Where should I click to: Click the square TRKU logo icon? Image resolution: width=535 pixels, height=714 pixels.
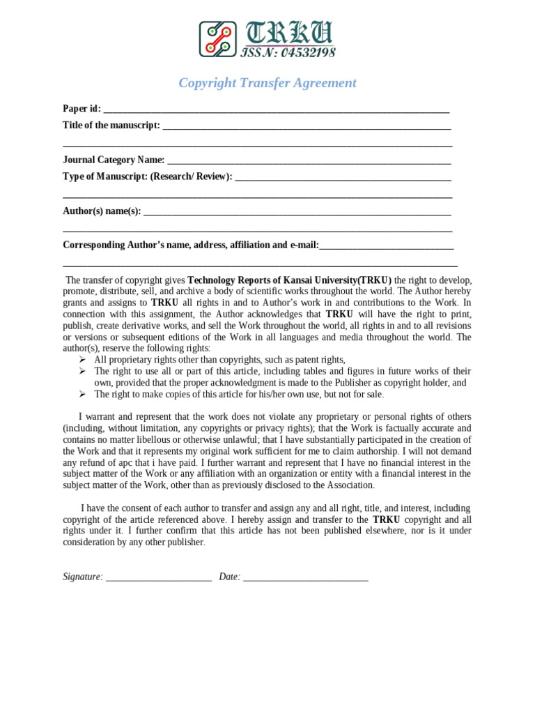(x=217, y=39)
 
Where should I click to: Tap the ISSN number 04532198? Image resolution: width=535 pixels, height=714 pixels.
(x=288, y=52)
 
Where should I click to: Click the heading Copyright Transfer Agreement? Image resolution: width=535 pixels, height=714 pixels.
(x=267, y=83)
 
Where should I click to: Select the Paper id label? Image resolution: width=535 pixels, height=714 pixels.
(x=82, y=109)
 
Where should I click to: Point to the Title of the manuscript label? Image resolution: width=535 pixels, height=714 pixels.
(x=111, y=126)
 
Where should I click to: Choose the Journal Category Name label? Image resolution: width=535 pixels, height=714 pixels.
(x=114, y=160)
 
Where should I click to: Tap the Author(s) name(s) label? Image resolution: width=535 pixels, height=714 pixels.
(x=102, y=211)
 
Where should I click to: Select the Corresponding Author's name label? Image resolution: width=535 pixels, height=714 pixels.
(x=190, y=245)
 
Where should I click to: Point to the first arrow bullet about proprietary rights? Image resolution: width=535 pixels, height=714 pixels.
(x=82, y=360)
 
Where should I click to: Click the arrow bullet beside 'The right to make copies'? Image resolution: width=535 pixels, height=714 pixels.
(x=82, y=394)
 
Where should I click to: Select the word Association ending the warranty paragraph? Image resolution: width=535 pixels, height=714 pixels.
(x=350, y=485)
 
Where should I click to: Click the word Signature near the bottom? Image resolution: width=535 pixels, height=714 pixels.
(x=83, y=577)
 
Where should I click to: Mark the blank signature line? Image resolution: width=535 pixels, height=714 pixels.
(x=159, y=579)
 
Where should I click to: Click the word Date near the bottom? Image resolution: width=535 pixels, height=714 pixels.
(x=229, y=577)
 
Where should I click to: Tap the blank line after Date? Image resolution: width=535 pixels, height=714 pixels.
(x=306, y=579)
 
